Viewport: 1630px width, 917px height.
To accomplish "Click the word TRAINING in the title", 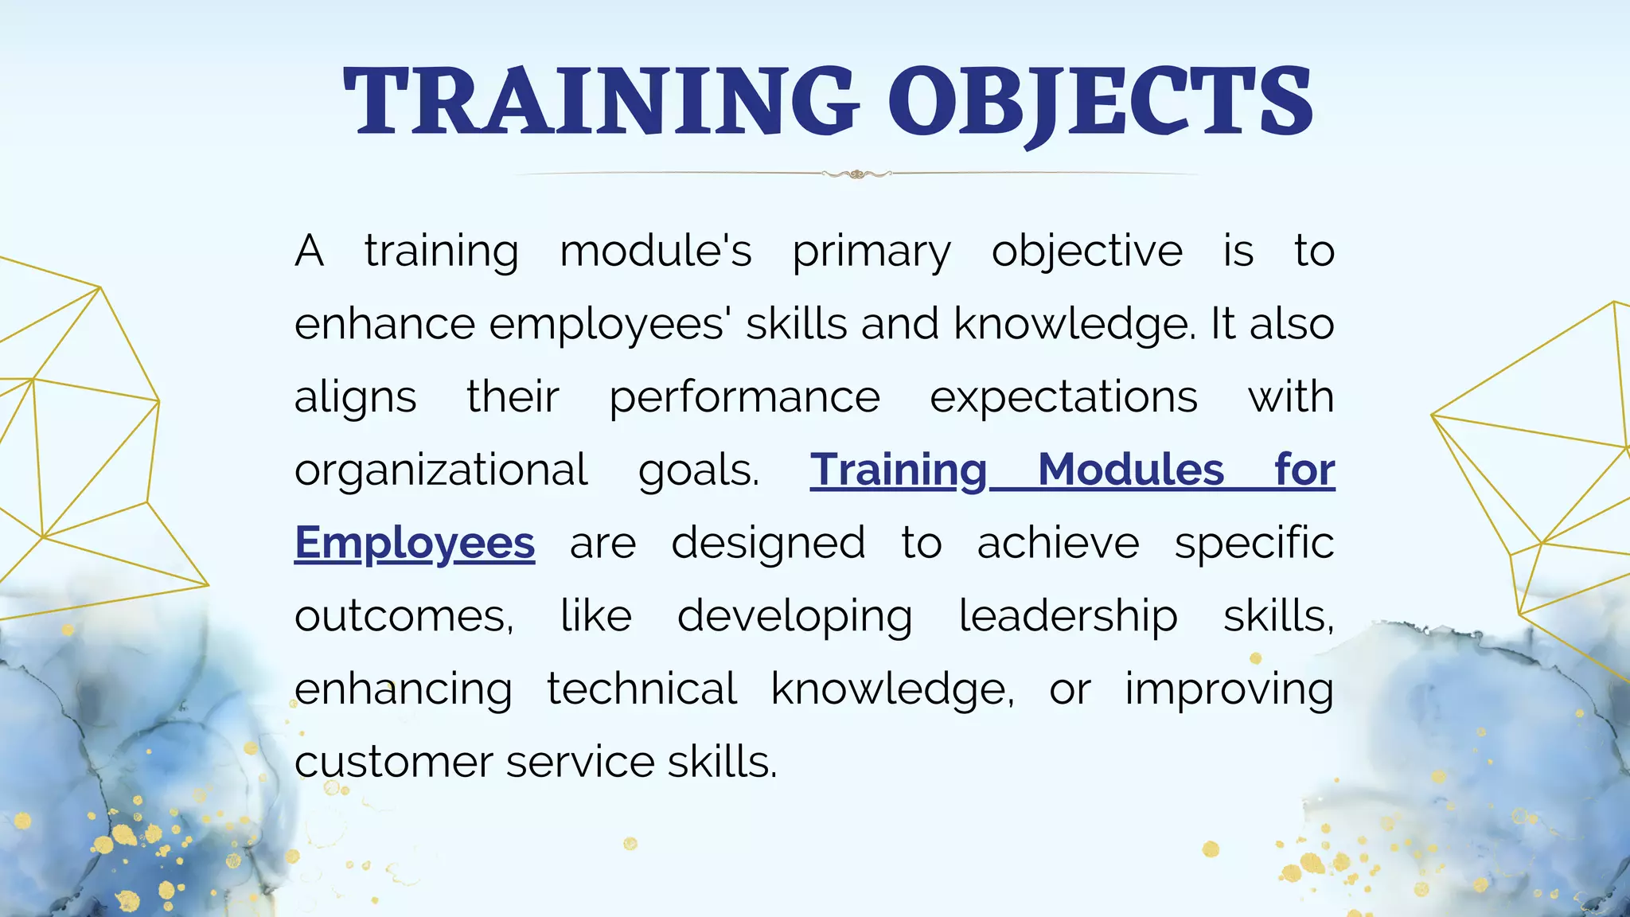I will [601, 101].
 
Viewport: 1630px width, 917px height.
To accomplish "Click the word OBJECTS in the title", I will [1100, 101].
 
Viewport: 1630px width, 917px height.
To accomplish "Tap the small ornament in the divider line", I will [856, 174].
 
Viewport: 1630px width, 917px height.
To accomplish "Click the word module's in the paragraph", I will [655, 252].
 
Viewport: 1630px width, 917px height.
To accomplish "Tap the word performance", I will [744, 398].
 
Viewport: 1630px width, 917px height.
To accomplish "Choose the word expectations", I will [1063, 398].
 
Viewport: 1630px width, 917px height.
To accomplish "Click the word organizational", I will [441, 470].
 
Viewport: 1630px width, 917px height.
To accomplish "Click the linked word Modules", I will [1130, 470].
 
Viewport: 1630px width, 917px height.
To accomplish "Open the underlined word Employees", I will [415, 544].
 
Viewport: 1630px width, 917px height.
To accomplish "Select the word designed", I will [768, 544].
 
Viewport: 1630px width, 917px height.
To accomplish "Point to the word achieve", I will [1058, 544].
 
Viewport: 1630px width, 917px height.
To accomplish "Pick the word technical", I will [641, 689].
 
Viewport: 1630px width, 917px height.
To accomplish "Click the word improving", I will [1229, 689].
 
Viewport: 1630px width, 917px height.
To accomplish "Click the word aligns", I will [355, 398].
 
